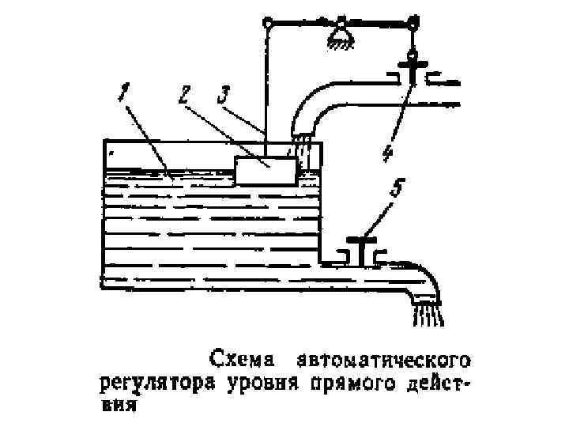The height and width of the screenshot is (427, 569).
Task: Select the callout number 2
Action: click(x=183, y=96)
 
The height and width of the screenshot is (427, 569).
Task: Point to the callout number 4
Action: click(x=386, y=152)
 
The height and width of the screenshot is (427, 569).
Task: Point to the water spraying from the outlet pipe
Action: click(x=427, y=315)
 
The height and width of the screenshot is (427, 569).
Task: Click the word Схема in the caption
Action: click(x=242, y=360)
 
